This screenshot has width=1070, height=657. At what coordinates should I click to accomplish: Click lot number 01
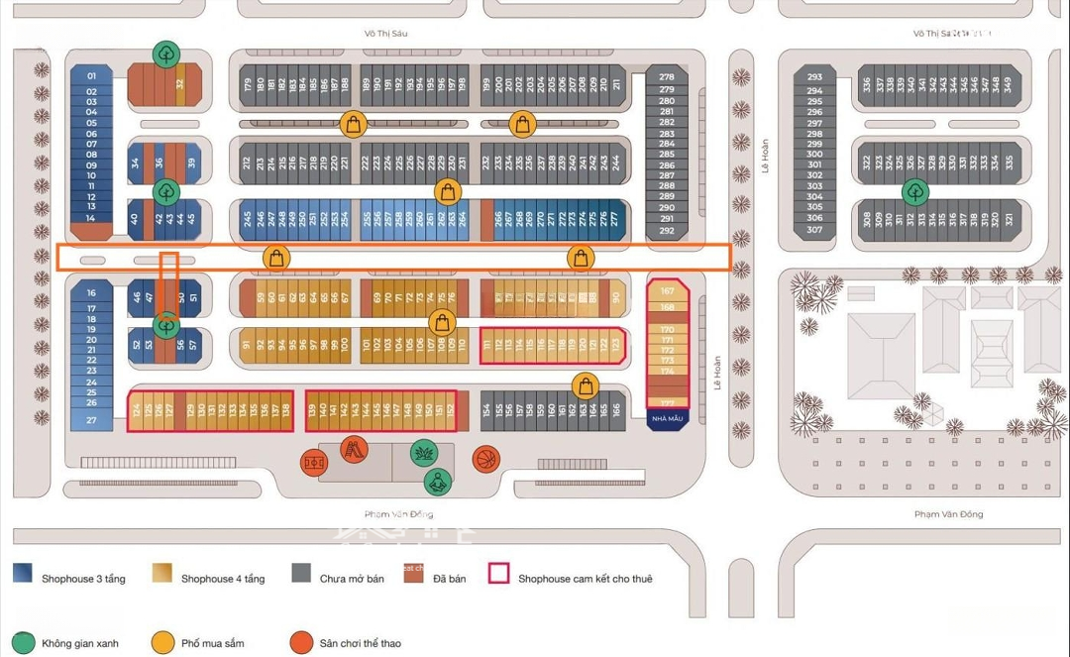(x=91, y=76)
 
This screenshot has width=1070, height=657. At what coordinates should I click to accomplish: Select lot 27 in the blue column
(x=91, y=420)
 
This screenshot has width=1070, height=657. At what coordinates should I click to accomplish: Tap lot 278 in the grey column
(x=667, y=77)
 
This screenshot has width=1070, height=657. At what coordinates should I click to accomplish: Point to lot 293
(x=814, y=77)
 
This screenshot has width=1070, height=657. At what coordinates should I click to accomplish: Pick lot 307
(x=814, y=230)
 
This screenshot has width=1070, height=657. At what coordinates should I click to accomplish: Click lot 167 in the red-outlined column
(x=668, y=291)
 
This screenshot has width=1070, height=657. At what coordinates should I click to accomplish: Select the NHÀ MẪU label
(x=668, y=418)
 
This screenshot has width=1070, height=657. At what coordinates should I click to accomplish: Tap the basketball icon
(x=485, y=459)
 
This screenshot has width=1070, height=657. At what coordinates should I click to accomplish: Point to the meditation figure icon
(x=437, y=483)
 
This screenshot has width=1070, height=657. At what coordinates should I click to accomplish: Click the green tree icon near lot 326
(x=915, y=190)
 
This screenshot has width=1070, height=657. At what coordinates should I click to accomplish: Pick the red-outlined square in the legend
(x=498, y=574)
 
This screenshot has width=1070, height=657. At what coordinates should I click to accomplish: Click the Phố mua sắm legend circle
(x=163, y=643)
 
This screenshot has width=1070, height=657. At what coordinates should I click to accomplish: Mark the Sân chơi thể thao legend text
(x=360, y=644)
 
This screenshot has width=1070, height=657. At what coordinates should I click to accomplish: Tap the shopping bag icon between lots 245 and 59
(x=277, y=258)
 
